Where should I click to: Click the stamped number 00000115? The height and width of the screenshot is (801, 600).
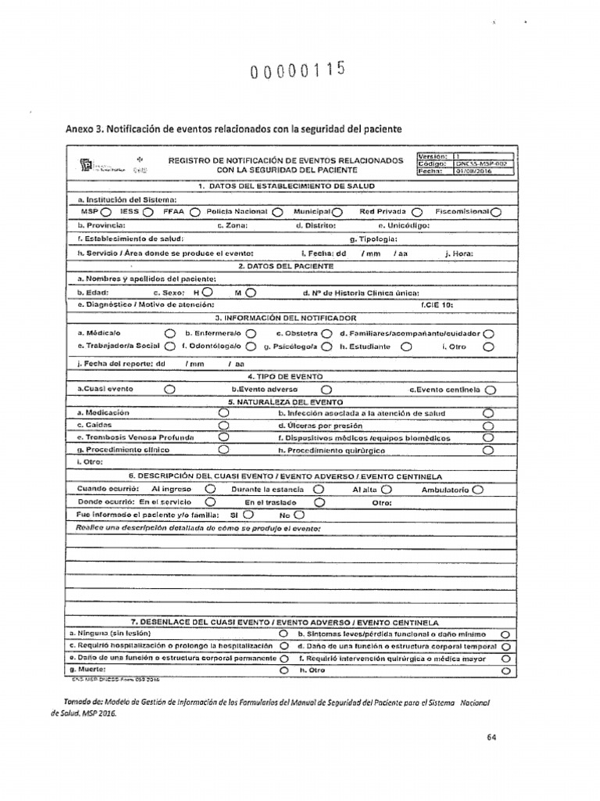click(297, 73)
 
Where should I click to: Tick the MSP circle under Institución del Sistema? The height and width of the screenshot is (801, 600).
click(105, 212)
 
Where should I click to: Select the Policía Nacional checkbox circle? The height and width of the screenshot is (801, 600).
click(277, 212)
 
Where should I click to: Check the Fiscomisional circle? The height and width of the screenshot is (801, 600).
click(496, 212)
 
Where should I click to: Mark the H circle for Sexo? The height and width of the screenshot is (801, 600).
click(206, 293)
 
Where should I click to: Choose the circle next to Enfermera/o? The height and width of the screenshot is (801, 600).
click(251, 333)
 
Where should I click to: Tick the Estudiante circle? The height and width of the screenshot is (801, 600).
click(405, 346)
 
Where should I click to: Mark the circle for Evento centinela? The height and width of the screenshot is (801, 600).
click(490, 389)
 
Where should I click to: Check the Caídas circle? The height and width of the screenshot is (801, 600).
click(223, 426)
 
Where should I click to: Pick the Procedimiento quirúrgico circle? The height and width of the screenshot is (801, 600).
click(489, 451)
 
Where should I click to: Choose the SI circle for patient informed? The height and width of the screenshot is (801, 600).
click(248, 515)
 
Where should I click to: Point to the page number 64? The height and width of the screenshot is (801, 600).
click(491, 736)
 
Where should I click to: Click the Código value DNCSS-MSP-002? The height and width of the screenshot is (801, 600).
click(484, 163)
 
